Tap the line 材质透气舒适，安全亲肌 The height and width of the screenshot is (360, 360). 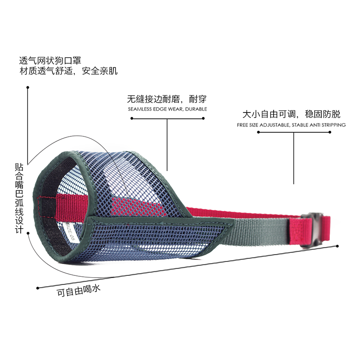pos(68,71)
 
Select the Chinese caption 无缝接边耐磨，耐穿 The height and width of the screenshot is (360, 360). pos(166,99)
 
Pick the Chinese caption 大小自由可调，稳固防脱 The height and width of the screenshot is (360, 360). pos(291,114)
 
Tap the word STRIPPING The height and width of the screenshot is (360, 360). pos(333,125)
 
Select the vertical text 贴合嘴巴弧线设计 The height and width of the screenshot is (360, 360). pos(18,198)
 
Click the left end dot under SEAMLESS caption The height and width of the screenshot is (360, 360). pos(131,119)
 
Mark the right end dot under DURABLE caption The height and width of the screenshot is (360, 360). pos(203,119)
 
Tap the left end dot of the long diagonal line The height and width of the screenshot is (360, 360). pos(37,288)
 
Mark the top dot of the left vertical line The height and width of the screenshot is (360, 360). pos(27,88)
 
